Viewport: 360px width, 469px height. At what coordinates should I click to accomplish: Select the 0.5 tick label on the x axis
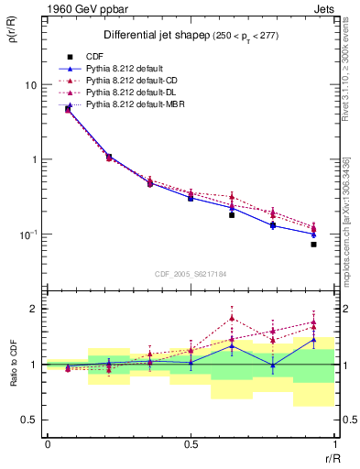pos(191,442)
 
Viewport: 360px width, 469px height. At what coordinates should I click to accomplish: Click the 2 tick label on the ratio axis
pos(35,309)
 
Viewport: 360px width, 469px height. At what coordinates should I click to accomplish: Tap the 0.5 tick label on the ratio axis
pos(30,420)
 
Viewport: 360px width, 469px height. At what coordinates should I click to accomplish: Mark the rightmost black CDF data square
pos(313,245)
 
